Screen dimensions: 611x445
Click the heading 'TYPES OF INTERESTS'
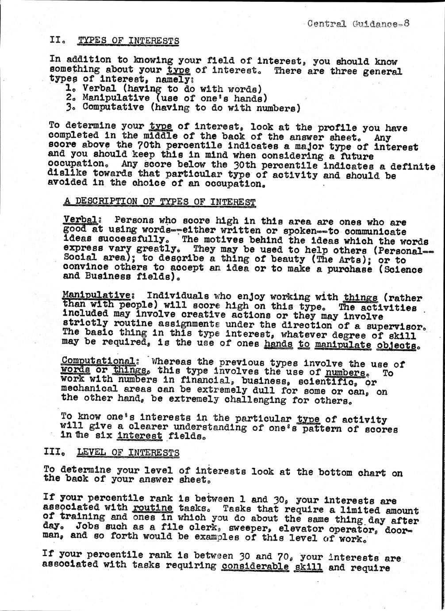(x=128, y=41)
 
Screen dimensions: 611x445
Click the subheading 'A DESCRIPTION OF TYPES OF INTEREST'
(x=160, y=202)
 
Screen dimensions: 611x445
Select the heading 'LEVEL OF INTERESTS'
(x=128, y=452)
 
